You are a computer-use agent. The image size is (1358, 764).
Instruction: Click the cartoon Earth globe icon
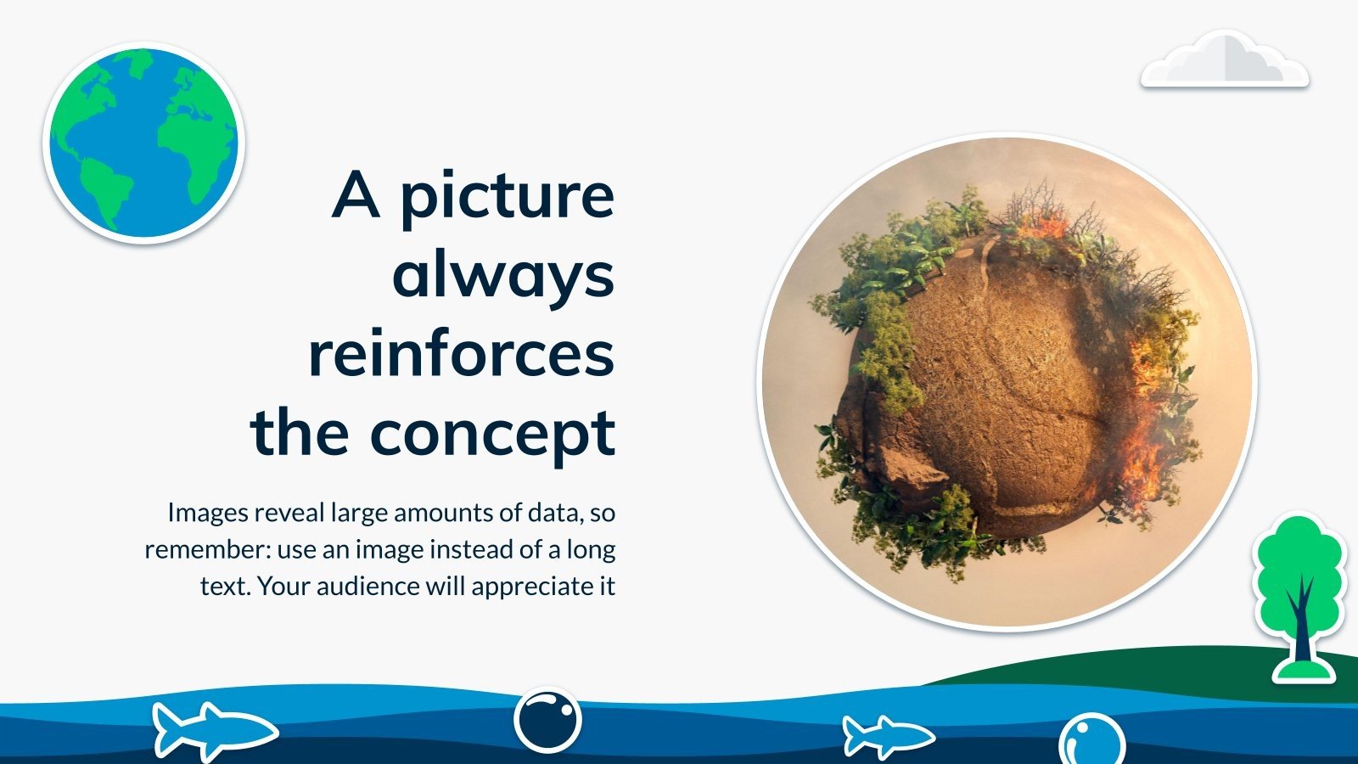(143, 143)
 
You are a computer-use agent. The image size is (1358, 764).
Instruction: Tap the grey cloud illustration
(1225, 60)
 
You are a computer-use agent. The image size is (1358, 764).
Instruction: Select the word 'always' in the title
(504, 275)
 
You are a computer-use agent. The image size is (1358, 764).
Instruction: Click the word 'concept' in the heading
(492, 433)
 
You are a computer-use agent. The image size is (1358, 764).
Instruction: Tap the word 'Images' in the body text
(208, 514)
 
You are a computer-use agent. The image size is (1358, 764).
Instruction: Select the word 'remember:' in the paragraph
(208, 550)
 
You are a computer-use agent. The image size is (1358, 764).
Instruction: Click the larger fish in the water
(215, 731)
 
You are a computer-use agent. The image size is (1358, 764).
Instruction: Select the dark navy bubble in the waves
(547, 721)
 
